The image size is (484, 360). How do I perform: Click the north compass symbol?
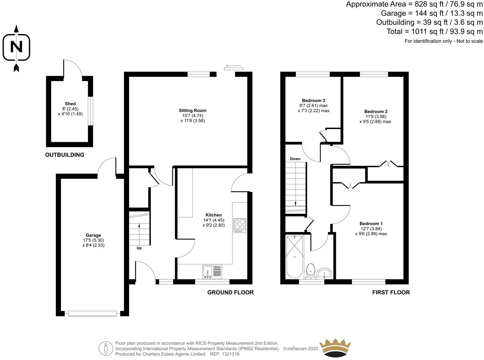point(17,48)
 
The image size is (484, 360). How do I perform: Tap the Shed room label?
point(70,104)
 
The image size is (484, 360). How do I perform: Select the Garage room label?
point(93,235)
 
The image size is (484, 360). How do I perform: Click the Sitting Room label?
point(192,111)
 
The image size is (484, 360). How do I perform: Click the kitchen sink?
point(212,272)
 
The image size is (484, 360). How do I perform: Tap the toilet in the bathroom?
point(310,271)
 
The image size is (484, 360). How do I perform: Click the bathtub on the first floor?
point(294,256)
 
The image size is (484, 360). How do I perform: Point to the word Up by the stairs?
point(139,248)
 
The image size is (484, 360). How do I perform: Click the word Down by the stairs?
point(295,159)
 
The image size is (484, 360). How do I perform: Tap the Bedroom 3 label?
point(313,101)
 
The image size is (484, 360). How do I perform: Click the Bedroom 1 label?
point(371,224)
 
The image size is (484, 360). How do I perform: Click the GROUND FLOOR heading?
point(230,292)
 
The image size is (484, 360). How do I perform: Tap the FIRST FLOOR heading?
point(391,292)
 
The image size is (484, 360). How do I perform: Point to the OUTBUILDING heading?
point(64,155)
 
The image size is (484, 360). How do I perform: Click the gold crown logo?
point(335,347)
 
